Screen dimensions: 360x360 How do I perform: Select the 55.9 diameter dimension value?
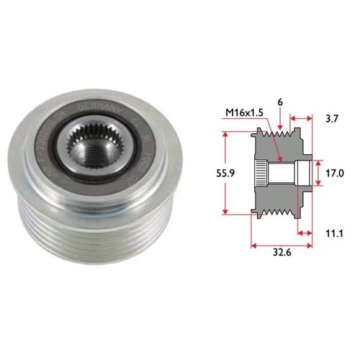point(205,174)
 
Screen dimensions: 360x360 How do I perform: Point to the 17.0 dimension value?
point(336,174)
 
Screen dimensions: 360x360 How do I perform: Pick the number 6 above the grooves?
point(278,104)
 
